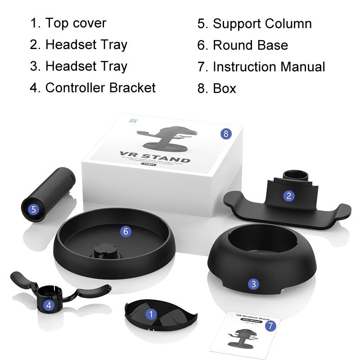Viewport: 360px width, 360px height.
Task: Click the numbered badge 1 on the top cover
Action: tap(152, 314)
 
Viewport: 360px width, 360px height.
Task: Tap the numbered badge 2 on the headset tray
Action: tap(289, 195)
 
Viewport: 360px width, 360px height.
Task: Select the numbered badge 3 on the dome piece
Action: tap(254, 283)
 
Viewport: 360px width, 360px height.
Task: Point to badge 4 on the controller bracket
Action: tap(49, 305)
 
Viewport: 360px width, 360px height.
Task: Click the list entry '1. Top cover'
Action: tap(68, 23)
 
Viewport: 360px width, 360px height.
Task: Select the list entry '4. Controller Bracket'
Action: tap(93, 87)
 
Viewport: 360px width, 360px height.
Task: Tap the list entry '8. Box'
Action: tap(217, 88)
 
